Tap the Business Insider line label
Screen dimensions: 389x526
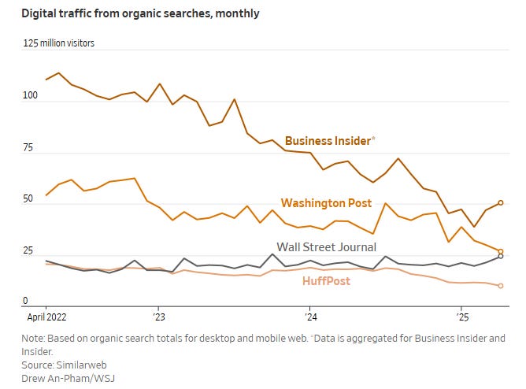[x=329, y=141]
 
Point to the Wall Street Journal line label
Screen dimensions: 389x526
[x=326, y=247]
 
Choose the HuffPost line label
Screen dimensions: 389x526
[x=326, y=281]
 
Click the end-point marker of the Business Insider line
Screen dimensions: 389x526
[x=500, y=202]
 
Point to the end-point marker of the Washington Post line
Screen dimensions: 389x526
[x=500, y=252]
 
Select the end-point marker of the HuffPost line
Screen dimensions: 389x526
[x=500, y=286]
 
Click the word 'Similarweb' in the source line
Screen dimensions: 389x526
[x=77, y=366]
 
